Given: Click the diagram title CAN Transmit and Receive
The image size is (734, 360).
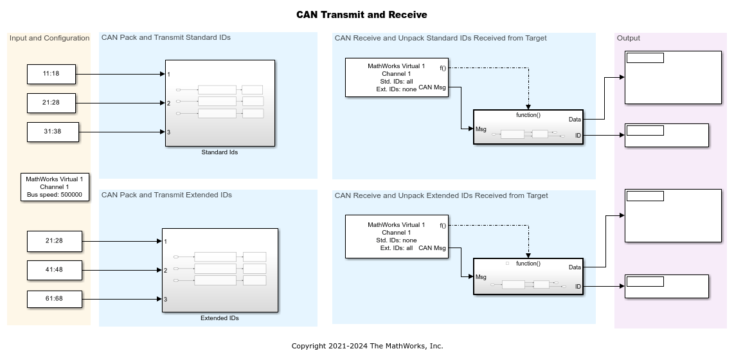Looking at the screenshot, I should tap(361, 15).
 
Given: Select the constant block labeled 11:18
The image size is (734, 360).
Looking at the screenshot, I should tap(51, 74).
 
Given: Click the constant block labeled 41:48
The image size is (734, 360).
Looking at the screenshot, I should tap(54, 270).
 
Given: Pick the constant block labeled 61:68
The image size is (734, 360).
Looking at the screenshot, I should tap(54, 299).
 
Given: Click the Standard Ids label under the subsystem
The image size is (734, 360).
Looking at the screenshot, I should tap(220, 152).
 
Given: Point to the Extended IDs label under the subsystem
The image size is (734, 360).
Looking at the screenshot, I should tap(220, 318).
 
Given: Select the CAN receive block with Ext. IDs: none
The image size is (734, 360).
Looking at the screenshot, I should tap(396, 78).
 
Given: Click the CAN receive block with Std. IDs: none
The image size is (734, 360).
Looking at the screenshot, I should tap(396, 237).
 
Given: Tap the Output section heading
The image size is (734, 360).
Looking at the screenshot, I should tap(629, 38).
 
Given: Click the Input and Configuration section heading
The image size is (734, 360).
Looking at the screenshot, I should tap(49, 38).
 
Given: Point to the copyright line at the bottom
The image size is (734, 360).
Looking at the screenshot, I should tap(367, 346).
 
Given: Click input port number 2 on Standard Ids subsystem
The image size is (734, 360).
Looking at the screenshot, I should tap(169, 103).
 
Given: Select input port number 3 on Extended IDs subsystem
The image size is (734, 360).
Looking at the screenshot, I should tap(166, 299).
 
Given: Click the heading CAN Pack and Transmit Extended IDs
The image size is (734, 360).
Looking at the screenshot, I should tap(166, 195).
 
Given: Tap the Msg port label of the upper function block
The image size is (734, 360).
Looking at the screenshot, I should tap(481, 129).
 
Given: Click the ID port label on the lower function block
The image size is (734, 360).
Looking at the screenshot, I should tap(578, 286).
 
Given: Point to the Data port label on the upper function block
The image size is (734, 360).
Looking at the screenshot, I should tap(575, 119).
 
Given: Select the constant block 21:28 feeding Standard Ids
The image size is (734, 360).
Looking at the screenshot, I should tap(51, 103).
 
